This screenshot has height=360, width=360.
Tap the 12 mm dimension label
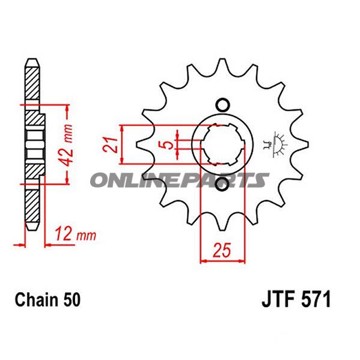click(75, 234)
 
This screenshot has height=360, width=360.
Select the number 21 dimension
click(110, 145)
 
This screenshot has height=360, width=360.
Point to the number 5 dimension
click(168, 145)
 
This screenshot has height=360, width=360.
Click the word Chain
click(36, 299)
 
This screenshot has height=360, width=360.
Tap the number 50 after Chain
click(72, 299)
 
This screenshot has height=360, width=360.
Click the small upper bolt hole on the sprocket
click(222, 105)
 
